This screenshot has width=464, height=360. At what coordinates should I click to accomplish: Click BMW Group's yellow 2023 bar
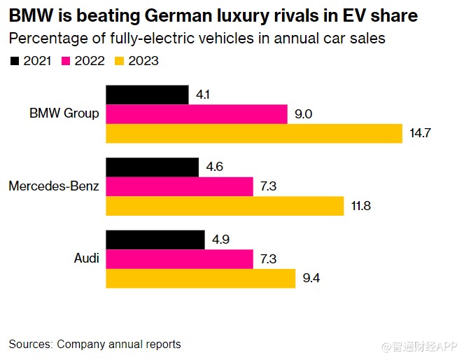254,132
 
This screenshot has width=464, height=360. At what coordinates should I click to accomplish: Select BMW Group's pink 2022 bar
197,113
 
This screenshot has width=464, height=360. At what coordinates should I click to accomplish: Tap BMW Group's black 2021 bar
147,95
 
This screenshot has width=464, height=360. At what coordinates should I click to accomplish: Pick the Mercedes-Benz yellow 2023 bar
225,206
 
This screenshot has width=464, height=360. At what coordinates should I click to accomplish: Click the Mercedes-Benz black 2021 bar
152,167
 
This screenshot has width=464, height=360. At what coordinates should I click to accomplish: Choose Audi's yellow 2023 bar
200,278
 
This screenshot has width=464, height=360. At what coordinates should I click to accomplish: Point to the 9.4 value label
312,279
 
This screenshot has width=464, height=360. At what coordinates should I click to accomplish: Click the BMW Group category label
64,113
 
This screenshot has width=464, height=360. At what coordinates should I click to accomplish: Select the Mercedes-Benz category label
54,186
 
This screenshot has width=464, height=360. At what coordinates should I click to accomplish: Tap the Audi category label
86,259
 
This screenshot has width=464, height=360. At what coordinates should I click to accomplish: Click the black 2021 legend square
14,62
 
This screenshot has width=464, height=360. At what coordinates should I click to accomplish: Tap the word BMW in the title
29,15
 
